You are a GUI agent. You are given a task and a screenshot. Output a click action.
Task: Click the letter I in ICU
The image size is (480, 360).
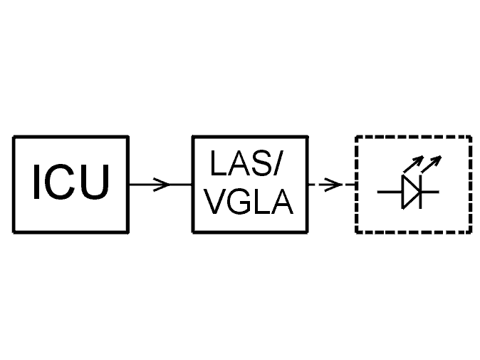pos(36,182)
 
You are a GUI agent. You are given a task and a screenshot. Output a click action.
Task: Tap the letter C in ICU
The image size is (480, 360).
pos(59,182)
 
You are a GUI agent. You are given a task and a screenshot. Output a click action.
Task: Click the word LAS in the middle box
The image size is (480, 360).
pos(238,165)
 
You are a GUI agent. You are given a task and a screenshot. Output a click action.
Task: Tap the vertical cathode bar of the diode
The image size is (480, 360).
pos(421,192)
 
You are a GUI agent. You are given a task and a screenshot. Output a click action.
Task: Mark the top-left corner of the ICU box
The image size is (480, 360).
pos(14,136)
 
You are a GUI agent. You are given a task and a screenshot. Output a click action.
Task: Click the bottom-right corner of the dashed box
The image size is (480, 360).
pos(471,232)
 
